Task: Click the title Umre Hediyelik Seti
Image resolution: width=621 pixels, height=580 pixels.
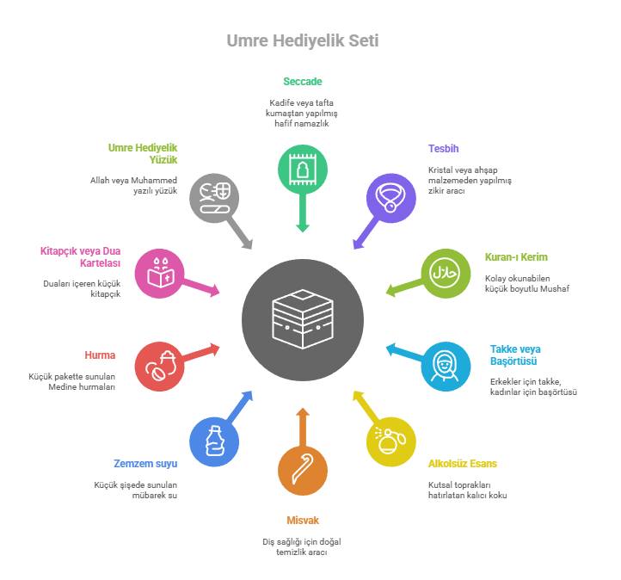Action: [303, 40]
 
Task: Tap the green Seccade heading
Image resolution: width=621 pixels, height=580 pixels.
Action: [303, 82]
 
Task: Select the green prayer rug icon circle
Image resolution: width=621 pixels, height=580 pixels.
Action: [303, 170]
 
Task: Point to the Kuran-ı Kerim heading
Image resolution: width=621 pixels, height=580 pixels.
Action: [516, 257]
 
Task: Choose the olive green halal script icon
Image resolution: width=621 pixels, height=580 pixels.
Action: [446, 274]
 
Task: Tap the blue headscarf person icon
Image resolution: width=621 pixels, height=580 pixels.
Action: [446, 367]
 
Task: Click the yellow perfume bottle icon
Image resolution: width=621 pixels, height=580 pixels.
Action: [390, 441]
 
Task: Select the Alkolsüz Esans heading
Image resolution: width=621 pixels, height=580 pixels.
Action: [463, 464]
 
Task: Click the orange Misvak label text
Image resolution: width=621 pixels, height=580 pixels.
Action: [303, 521]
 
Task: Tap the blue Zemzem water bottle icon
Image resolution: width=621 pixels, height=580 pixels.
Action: [214, 441]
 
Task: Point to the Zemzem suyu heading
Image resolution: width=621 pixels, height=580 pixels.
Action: [145, 464]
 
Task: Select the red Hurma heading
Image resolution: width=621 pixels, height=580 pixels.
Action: [100, 355]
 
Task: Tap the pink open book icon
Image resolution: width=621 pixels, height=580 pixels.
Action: [160, 274]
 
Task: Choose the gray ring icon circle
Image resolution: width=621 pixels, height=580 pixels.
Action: [214, 198]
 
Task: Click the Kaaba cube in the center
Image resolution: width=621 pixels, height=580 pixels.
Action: [303, 319]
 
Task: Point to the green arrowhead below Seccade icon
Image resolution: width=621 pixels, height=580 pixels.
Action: [303, 227]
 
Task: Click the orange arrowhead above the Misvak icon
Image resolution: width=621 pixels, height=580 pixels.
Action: [303, 412]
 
